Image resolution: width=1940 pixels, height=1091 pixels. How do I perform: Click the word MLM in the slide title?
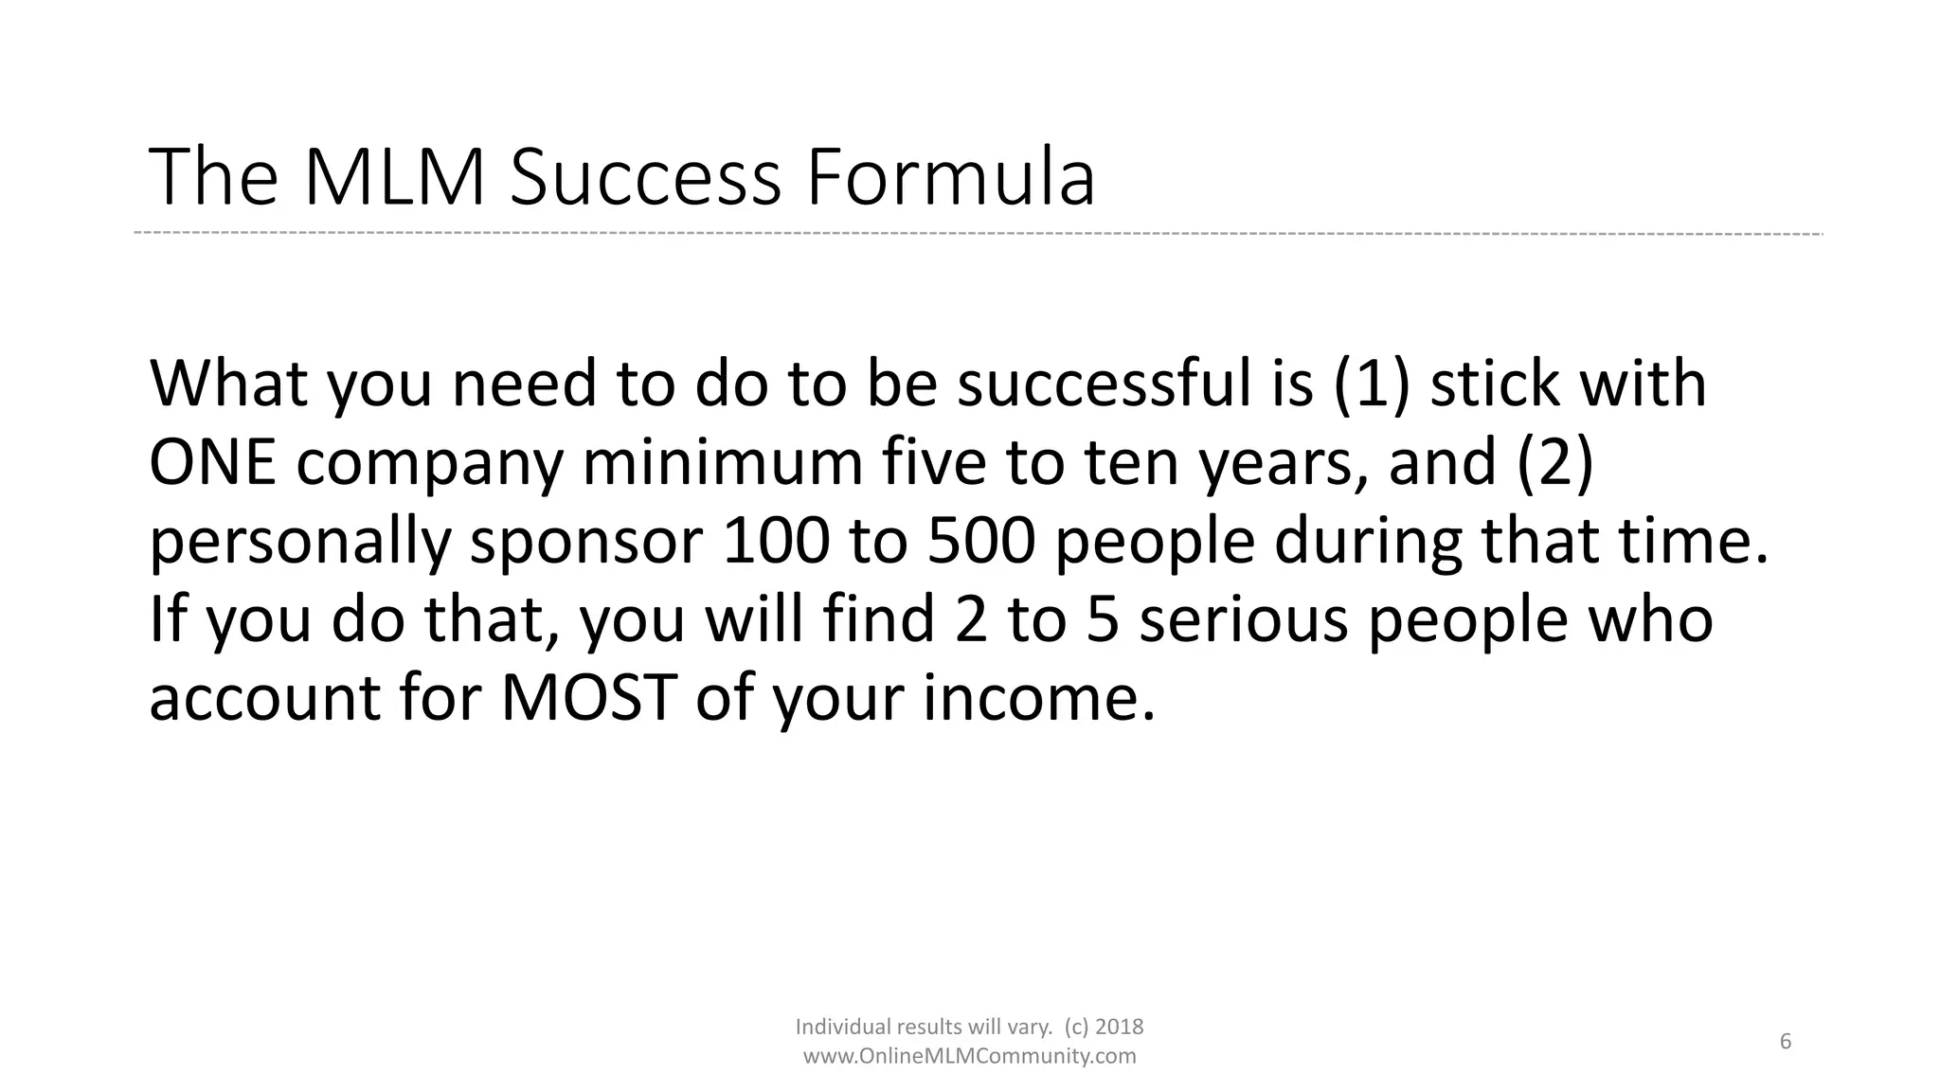click(x=394, y=178)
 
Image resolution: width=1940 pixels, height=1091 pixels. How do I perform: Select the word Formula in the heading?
click(x=950, y=178)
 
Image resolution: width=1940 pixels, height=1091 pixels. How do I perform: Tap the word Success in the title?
click(x=645, y=178)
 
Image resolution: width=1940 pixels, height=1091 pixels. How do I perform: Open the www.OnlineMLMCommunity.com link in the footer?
click(x=969, y=1056)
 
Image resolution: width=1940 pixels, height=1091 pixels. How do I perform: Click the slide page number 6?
click(x=1786, y=1042)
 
